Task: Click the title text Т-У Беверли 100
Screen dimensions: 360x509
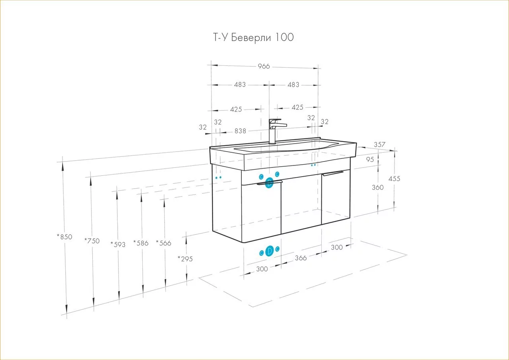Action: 253,37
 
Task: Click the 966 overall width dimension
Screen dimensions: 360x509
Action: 263,66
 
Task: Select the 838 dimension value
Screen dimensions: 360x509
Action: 240,130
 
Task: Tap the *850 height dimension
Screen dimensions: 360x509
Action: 64,237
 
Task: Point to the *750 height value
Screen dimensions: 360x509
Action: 92,241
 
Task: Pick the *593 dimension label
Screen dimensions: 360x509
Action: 118,244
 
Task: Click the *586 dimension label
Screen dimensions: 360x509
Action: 141,243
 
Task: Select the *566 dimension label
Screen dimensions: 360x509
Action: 163,243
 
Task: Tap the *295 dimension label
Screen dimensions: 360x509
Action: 185,259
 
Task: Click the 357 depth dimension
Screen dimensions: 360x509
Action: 379,145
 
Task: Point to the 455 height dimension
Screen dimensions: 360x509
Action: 394,179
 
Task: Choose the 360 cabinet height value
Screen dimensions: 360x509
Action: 378,187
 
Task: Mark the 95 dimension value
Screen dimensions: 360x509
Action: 370,159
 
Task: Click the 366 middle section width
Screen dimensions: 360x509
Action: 301,258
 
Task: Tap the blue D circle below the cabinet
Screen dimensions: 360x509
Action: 269,251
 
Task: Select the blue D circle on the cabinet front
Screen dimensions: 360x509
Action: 269,183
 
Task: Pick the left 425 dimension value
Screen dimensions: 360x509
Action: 236,109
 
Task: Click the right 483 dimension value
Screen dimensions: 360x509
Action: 293,85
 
